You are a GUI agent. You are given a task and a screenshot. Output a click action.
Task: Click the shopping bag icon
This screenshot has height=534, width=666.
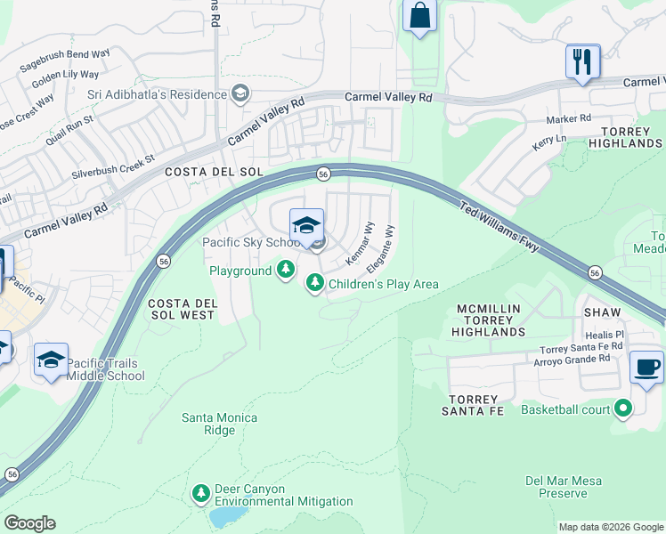[x=419, y=16]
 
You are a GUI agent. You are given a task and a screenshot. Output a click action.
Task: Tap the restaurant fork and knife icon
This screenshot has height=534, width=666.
[x=582, y=61]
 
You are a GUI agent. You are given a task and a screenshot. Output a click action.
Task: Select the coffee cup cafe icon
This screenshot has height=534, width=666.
[x=646, y=367]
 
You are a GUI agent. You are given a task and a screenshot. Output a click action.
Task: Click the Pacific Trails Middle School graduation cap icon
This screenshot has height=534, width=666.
[x=52, y=360]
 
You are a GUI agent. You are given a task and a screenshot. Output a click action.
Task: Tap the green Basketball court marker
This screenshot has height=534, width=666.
[x=622, y=409]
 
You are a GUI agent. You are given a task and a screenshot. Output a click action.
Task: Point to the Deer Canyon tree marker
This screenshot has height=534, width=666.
[x=201, y=492]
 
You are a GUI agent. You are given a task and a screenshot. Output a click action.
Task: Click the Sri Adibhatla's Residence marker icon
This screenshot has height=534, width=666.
[x=239, y=93]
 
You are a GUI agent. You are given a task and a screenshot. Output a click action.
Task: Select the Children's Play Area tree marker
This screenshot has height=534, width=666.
[x=314, y=283]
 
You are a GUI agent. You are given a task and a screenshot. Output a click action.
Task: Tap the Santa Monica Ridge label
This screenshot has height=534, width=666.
[x=220, y=424]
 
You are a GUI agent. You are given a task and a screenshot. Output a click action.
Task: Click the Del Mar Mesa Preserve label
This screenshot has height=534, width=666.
[x=563, y=487]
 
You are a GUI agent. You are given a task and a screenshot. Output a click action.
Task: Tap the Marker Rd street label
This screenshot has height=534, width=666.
[x=568, y=117]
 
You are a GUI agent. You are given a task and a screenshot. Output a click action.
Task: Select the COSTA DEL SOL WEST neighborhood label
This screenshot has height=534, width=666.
[x=182, y=309]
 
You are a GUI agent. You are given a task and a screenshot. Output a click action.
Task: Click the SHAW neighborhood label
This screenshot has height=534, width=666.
[x=602, y=311]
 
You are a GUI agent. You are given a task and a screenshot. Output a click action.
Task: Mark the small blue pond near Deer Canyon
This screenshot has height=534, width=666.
[x=228, y=516]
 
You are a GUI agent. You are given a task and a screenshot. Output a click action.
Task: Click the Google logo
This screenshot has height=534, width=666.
[x=29, y=523]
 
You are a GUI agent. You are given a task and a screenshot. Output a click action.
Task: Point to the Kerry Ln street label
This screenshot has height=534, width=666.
[x=548, y=142]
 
